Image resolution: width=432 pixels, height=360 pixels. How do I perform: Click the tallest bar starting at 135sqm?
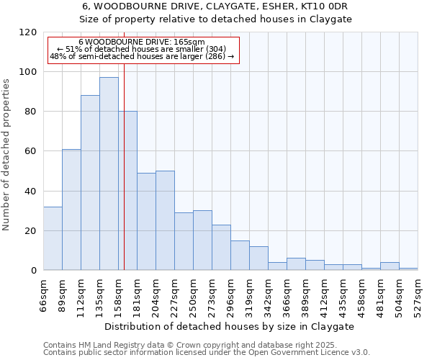click(x=109, y=174)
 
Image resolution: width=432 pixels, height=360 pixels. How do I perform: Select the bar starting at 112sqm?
click(x=90, y=183)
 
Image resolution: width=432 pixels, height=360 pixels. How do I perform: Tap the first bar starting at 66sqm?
click(x=53, y=238)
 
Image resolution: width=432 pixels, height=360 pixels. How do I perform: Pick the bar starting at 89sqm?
click(x=71, y=210)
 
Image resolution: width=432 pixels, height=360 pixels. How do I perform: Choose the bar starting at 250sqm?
click(x=202, y=240)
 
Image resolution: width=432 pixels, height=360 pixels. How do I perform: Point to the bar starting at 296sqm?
click(x=240, y=256)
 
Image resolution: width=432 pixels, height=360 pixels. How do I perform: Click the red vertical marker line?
click(x=124, y=180)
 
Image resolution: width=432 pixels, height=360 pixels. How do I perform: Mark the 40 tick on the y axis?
click(x=31, y=192)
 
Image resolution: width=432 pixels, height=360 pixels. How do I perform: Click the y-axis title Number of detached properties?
click(x=7, y=155)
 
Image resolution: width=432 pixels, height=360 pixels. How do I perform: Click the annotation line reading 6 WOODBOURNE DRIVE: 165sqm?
click(x=142, y=42)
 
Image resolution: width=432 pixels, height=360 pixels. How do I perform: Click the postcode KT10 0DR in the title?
click(x=327, y=6)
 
